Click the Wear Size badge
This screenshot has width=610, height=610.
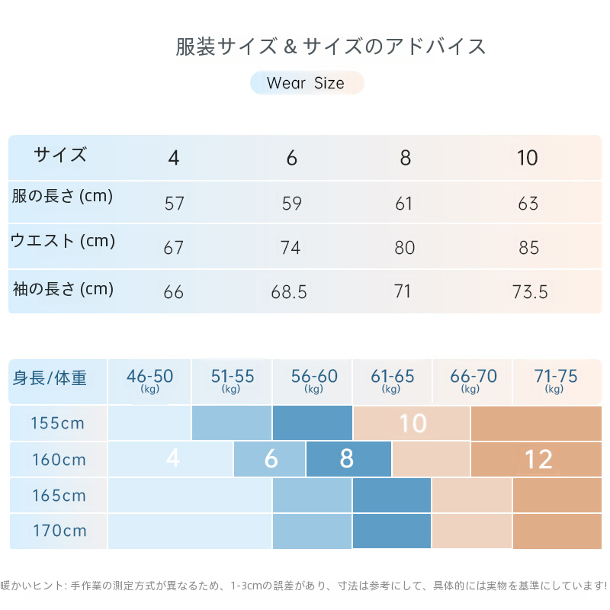[x=306, y=83]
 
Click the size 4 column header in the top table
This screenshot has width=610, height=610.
[x=174, y=158]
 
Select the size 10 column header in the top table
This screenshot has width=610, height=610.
[x=527, y=158]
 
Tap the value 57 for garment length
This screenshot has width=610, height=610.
[x=174, y=204]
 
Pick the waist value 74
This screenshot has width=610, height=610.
[x=291, y=248]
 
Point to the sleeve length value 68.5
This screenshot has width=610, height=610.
[x=289, y=292]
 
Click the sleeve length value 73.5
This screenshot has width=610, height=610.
[x=530, y=292]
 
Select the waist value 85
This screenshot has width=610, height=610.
[x=528, y=248]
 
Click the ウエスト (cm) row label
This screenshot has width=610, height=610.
[x=63, y=241]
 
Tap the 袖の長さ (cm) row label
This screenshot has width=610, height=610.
[x=63, y=289]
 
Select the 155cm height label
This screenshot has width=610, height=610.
[x=59, y=423]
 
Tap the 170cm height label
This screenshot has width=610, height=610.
[x=59, y=531]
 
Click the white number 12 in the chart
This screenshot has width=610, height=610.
[x=538, y=459]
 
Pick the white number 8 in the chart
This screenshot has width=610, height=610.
[x=347, y=459]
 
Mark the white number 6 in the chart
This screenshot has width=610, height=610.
[x=271, y=459]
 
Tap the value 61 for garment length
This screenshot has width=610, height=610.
[x=404, y=204]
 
